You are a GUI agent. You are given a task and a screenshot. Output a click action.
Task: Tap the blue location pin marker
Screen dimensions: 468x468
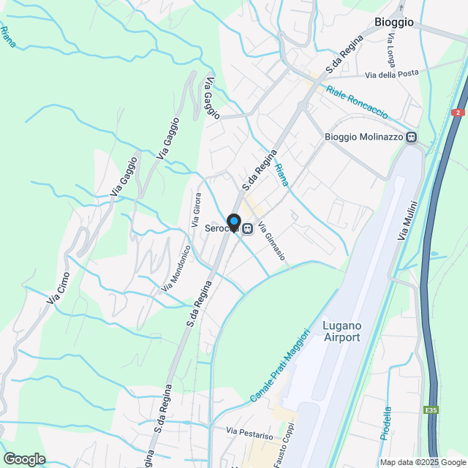pyautogui.click(x=233, y=222)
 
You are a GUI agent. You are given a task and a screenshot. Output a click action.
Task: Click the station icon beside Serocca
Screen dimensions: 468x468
pyautogui.click(x=249, y=229)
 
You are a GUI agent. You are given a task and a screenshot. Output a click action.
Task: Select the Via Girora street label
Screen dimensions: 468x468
pyautogui.click(x=196, y=211)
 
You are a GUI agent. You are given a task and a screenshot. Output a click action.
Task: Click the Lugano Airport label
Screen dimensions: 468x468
pyautogui.click(x=341, y=331)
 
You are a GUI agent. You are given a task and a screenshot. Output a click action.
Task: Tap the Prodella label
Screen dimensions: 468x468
pyautogui.click(x=385, y=422)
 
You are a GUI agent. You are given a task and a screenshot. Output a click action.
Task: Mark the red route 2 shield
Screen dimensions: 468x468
pyautogui.click(x=458, y=112)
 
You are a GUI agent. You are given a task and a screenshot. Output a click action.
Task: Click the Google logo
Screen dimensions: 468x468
pyautogui.click(x=24, y=458)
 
